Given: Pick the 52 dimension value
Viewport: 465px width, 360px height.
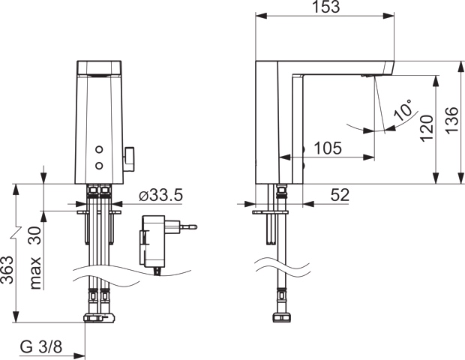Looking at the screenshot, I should coord(339,195).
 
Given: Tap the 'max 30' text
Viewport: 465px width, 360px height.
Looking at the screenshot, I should coord(35,259).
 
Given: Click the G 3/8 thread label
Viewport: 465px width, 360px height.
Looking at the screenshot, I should coord(42,347).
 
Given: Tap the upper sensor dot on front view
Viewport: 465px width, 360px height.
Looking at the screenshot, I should coord(98,148).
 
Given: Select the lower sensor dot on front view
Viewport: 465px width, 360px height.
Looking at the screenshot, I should coord(98,163).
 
